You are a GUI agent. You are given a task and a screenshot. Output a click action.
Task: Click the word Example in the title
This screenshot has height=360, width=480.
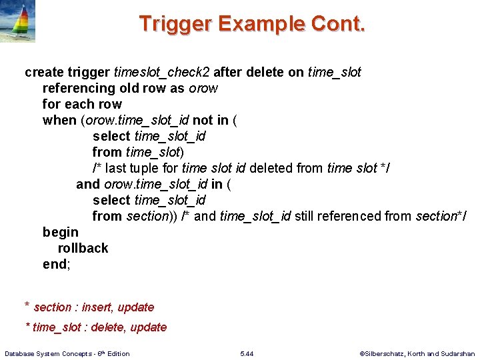(x=263, y=24)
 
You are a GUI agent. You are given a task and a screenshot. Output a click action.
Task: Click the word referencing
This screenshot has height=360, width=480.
(x=79, y=88)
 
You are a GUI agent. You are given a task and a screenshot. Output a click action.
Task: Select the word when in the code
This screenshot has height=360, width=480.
(x=59, y=120)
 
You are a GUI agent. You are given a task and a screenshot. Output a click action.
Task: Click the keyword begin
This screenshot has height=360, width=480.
(x=61, y=232)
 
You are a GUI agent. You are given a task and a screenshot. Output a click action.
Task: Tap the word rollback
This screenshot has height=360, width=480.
(x=83, y=248)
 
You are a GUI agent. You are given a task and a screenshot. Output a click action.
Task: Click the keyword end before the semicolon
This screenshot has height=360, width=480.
(x=54, y=264)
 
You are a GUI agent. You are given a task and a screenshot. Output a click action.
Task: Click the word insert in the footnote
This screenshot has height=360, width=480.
(x=96, y=307)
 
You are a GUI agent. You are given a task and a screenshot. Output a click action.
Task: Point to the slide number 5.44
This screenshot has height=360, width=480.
(x=247, y=353)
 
